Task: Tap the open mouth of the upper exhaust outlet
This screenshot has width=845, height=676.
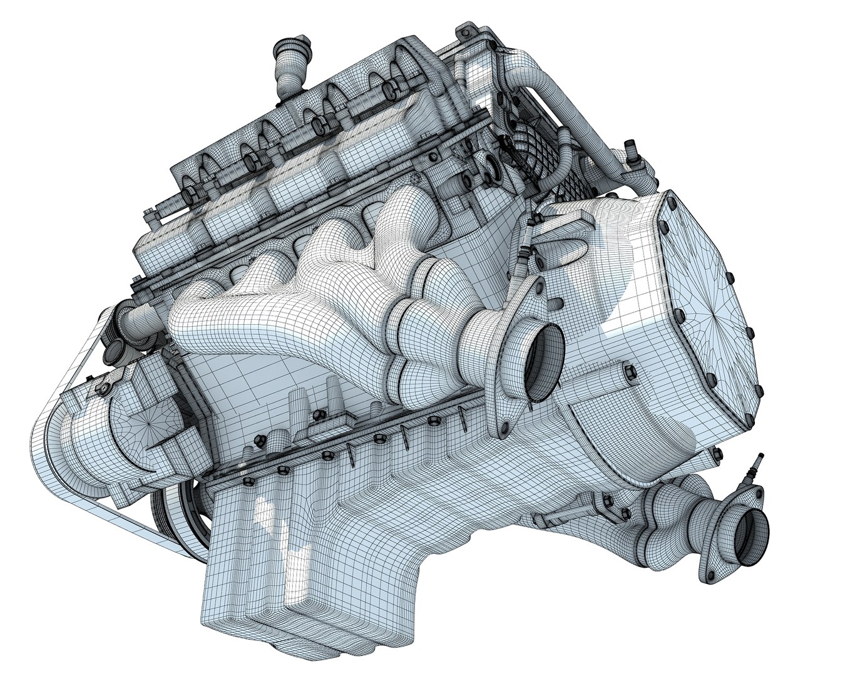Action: point(541,365)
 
